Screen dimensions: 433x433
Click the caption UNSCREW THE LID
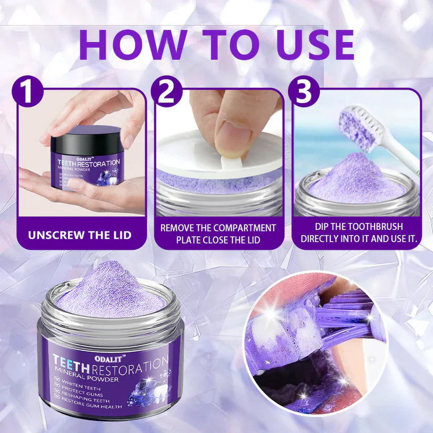(x=80, y=234)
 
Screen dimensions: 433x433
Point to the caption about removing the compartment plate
(x=218, y=234)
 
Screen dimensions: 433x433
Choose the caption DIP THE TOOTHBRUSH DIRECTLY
(x=359, y=233)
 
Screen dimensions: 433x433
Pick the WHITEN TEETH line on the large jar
(x=84, y=384)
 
